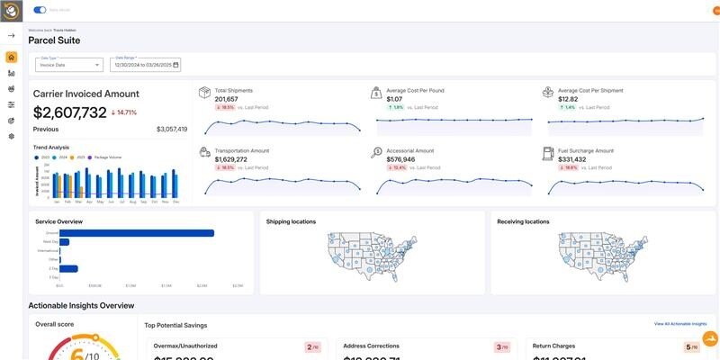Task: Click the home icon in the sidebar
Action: (11, 58)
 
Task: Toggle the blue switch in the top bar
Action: (40, 10)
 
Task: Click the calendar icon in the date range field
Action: (176, 65)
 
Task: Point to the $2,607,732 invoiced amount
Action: (70, 112)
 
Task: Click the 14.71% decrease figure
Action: (124, 112)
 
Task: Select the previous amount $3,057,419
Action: (172, 130)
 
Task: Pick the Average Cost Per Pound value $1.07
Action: (394, 99)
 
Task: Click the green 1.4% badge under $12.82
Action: (568, 107)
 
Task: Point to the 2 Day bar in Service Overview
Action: (68, 268)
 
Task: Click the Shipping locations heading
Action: (291, 221)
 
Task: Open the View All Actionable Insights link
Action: (680, 323)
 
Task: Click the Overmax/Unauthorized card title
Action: (185, 346)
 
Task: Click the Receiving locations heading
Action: (523, 221)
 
